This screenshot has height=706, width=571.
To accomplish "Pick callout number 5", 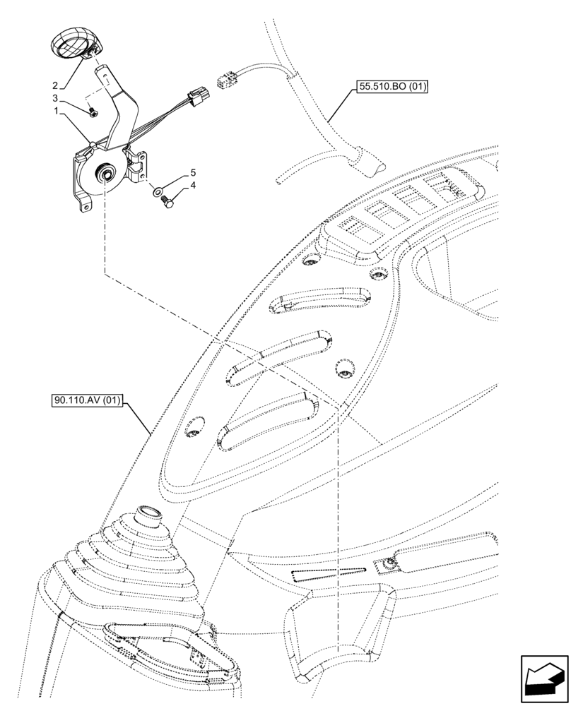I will click(192, 172).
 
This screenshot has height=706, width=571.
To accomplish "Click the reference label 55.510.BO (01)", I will click(392, 87).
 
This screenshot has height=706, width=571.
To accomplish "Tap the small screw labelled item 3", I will click(94, 110).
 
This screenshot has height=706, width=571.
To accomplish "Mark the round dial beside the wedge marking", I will click(387, 563).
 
